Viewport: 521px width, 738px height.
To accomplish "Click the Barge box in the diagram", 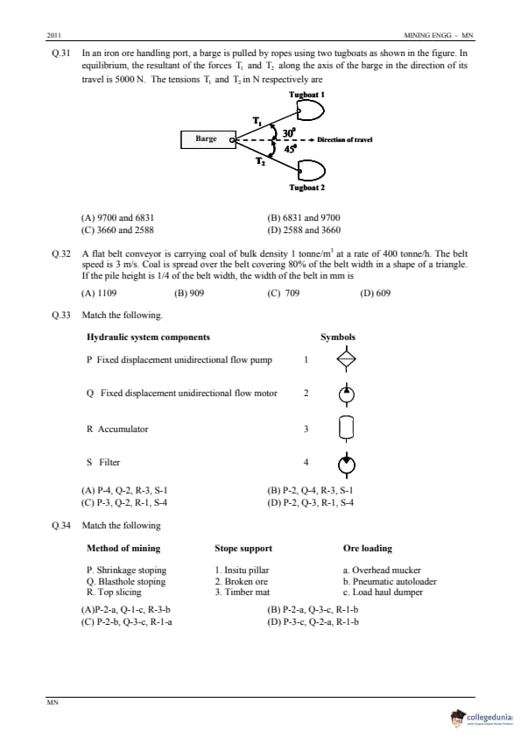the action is point(208,139).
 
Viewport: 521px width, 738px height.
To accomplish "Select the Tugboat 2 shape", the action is point(310,170).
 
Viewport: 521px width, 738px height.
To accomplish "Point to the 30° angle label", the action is point(289,132).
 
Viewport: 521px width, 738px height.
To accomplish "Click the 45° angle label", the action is point(290,149).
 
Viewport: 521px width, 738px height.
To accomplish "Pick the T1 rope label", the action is point(257,121).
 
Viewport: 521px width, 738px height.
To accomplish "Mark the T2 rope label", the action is point(260,161).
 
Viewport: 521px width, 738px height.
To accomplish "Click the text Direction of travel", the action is point(345,139).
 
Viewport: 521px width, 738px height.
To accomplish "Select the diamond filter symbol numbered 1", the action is point(347,359).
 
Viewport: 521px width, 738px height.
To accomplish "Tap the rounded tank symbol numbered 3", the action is point(347,429).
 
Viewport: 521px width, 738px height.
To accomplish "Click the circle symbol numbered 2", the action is point(347,394).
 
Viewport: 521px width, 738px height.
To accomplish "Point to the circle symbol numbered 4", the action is point(347,464).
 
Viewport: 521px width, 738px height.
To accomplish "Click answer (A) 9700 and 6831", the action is point(117,218).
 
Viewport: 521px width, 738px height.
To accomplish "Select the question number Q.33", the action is point(61,315).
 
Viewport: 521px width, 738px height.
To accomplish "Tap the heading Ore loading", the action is point(368,549).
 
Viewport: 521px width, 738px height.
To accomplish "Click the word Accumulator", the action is point(123,429).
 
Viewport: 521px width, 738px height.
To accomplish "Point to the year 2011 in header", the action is point(54,35).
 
